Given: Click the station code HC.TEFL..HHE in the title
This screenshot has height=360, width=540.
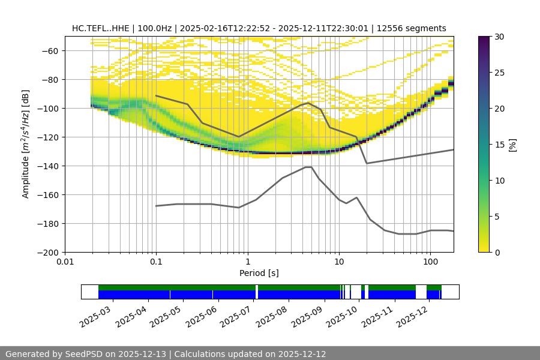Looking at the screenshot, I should (99, 28).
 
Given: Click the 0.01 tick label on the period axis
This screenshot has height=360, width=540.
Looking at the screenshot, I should (65, 262).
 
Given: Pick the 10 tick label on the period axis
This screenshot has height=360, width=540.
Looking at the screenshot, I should (338, 262).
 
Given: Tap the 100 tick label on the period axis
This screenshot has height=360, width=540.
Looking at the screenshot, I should (430, 262).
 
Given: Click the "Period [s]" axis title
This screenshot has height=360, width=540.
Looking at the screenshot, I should (259, 273).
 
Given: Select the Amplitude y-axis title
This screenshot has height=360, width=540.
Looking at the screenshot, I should (26, 144).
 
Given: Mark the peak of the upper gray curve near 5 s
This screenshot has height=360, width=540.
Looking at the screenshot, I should (308, 103).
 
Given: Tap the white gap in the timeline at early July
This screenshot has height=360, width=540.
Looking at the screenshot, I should (257, 292).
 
